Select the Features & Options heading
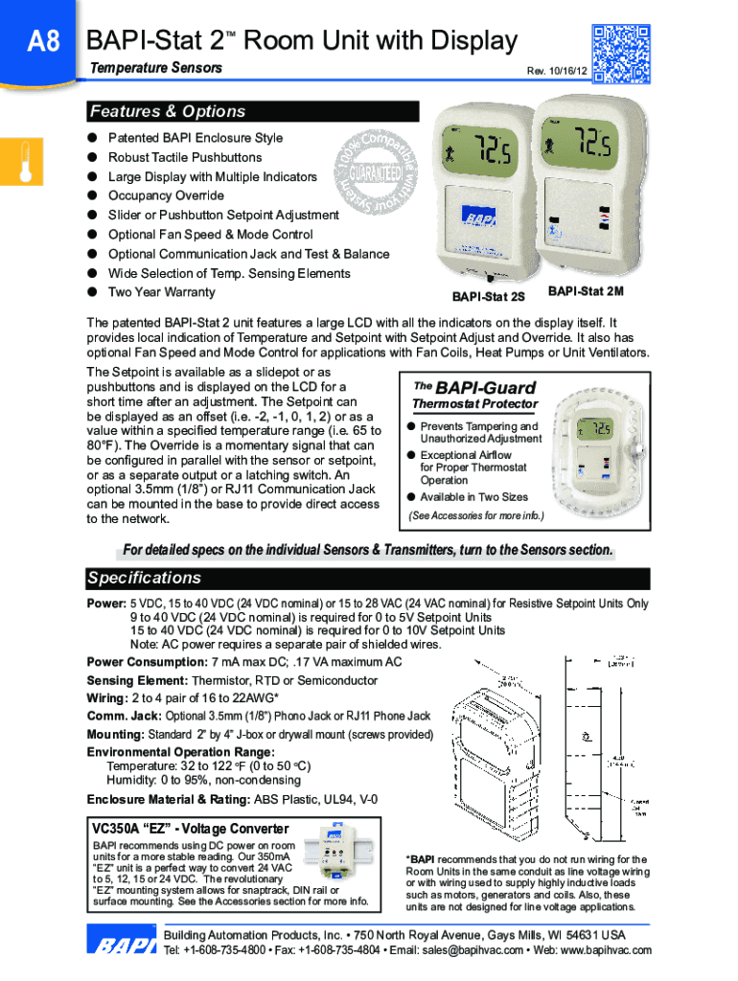coord(167,112)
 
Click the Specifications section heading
coord(144,579)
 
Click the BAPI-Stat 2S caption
coord(488,297)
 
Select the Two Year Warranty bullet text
coord(161,292)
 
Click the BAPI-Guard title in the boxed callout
coord(473,388)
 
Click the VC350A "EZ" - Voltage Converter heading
coord(189,829)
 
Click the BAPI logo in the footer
coord(123,945)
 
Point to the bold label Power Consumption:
coord(146,662)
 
